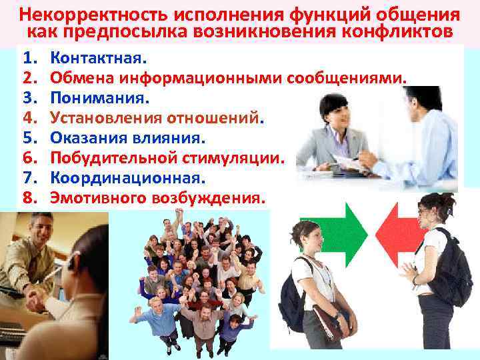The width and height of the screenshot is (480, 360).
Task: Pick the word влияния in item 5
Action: point(174,138)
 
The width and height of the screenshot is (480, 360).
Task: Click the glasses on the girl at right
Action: point(424,211)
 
